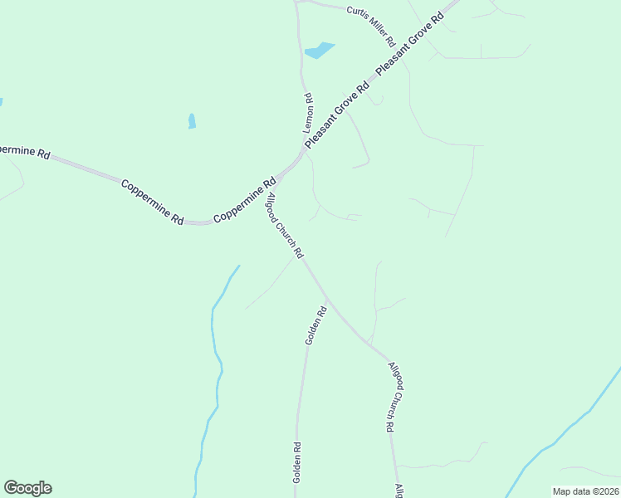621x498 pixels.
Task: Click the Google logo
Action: [27, 488]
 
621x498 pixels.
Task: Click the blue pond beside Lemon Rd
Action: [319, 51]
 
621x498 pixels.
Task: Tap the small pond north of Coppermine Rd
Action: [192, 121]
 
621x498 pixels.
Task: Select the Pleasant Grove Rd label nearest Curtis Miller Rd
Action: [410, 45]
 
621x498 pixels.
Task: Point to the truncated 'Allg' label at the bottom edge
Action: [399, 491]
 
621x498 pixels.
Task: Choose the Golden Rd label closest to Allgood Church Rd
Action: [316, 326]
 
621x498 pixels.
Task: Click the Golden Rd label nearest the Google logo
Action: [296, 463]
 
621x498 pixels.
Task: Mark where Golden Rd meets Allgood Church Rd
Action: [327, 297]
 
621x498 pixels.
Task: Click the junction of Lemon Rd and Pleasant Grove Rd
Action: [305, 149]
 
